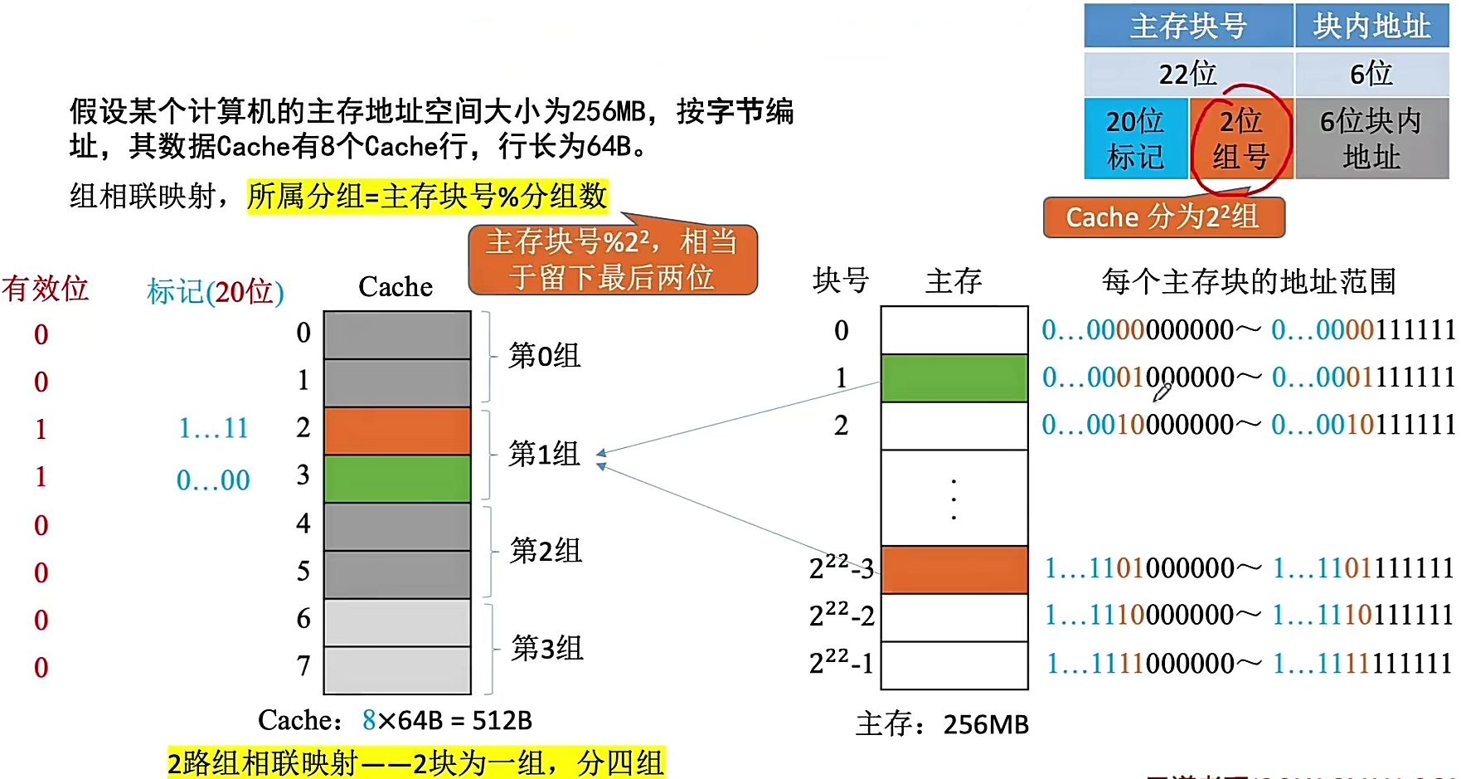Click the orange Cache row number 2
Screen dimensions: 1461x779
(397, 431)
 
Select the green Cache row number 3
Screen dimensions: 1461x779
(397, 479)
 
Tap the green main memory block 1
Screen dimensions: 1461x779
(954, 378)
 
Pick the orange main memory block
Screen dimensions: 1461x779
(954, 569)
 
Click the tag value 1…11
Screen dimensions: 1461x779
(213, 428)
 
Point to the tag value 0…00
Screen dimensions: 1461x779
(213, 480)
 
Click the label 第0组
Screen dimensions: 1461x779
(544, 356)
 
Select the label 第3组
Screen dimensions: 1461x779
(547, 648)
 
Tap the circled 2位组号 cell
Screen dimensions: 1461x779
(1240, 139)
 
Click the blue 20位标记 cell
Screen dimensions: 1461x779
(1135, 139)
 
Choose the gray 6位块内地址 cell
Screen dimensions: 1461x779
(1371, 139)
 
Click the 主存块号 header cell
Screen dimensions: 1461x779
(1188, 26)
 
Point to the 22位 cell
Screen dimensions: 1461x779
(1188, 74)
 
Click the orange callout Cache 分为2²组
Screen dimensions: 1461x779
(1163, 217)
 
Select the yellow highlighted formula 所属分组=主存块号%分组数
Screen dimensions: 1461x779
(427, 197)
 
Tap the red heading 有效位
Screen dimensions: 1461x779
(45, 289)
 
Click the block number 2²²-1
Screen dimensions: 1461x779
(841, 663)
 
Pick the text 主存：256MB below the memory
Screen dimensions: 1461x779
(942, 724)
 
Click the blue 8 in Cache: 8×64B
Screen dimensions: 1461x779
(369, 720)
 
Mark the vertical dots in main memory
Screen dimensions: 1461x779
(954, 499)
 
